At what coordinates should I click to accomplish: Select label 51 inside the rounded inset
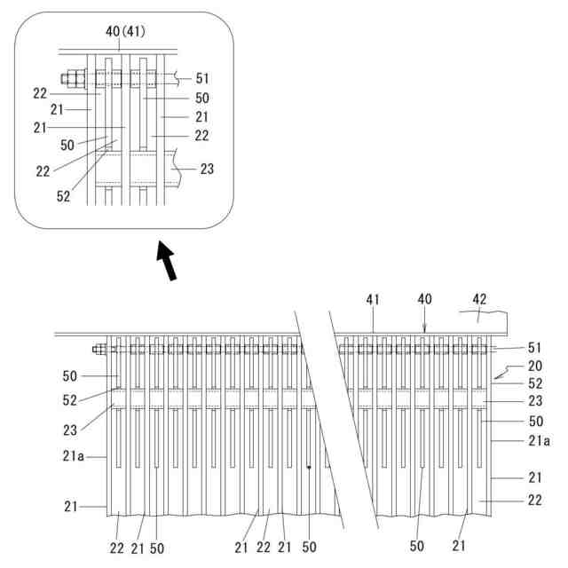pos(202,78)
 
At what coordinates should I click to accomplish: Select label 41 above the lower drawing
pos(373,301)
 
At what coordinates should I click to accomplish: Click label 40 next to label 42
pos(424,300)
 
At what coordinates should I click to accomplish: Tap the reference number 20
pos(534,366)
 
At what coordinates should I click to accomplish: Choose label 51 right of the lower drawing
pos(534,348)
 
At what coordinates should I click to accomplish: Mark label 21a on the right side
pos(538,441)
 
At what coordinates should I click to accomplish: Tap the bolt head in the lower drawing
pos(97,349)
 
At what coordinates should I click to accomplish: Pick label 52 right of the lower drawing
pos(534,384)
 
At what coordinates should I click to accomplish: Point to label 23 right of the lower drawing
pos(534,402)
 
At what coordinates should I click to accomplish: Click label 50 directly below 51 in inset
pos(202,98)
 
